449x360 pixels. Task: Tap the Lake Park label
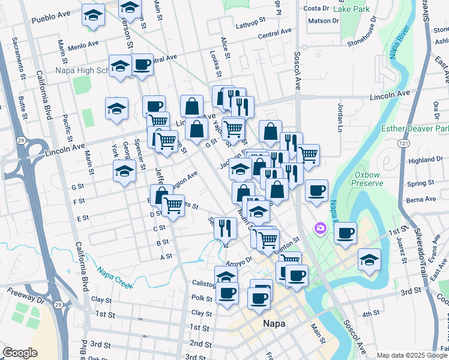pos(353,10)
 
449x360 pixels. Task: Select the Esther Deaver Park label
pos(415,129)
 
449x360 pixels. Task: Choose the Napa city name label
pos(273,324)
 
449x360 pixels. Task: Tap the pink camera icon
pos(320,228)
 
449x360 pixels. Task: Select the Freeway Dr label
pos(25,293)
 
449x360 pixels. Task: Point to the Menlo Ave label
pos(83,45)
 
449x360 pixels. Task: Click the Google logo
pos(20,353)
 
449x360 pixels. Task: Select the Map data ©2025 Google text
pos(412,355)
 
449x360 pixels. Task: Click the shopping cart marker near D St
pos(173,206)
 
